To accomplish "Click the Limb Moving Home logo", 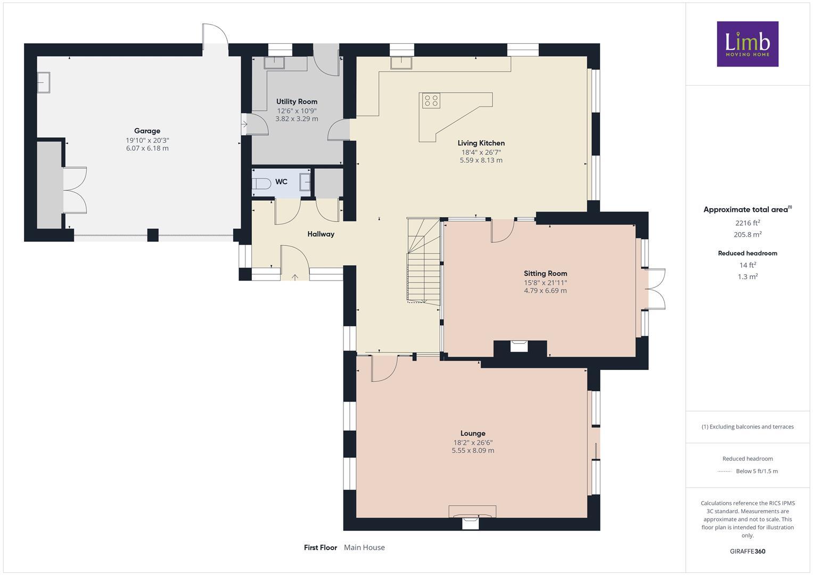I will pos(747,44).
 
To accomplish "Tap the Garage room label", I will pos(147,131).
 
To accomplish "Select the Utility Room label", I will pos(297,102).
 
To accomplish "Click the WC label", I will pos(281,182).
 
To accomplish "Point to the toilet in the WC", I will pos(261,183).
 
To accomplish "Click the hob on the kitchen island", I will pos(431,100).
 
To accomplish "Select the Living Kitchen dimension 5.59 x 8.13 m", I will pos(481,160).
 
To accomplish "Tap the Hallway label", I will pos(321,234).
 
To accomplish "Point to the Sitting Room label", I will pos(545,274).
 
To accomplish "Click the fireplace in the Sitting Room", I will pos(519,347).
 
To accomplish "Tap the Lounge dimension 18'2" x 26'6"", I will pos(473,442).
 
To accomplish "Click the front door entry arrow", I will pos(295,277).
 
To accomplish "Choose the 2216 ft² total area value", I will pos(748,223).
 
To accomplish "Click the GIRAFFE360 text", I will pos(747,551).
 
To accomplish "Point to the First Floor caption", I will pos(321,547).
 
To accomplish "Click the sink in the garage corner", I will pos(43,83).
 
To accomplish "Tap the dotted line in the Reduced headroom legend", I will pos(725,471).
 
